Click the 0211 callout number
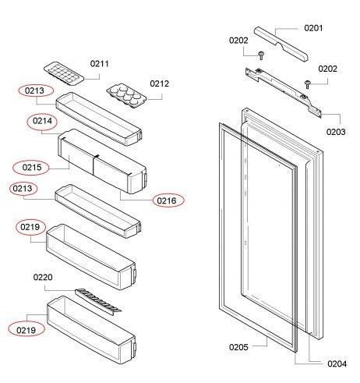(x=100, y=63)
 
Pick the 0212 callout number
(x=160, y=83)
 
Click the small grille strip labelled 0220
(x=97, y=300)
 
